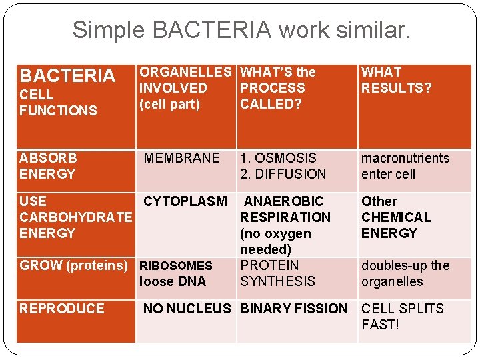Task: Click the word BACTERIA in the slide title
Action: point(217,29)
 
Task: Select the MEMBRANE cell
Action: point(181,158)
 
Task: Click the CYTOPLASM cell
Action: point(185,201)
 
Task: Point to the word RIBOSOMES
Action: point(175,266)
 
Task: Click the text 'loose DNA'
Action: point(173,281)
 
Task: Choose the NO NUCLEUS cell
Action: point(187,309)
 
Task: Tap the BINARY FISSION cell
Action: point(293,309)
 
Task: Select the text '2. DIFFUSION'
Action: point(283,174)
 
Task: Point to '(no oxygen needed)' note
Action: point(275,241)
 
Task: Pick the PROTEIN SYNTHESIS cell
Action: point(277,273)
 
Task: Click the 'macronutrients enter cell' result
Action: point(405,166)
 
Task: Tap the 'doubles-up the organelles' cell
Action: point(405,273)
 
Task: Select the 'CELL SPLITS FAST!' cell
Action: point(402,317)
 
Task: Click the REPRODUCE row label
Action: point(62,309)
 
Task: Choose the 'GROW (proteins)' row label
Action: point(73,265)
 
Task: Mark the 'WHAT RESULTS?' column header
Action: point(396,80)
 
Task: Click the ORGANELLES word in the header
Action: point(185,72)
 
